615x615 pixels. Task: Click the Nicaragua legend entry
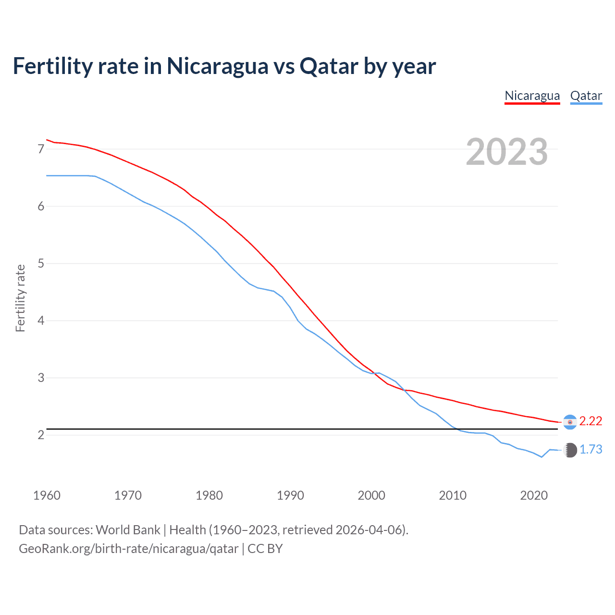click(532, 96)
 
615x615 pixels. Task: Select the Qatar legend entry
click(586, 96)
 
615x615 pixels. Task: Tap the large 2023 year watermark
click(506, 152)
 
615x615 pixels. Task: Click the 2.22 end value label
click(590, 421)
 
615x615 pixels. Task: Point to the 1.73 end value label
click(590, 449)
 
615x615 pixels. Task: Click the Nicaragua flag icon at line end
click(570, 422)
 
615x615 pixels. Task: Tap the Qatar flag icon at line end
click(570, 450)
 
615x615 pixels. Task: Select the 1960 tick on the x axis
click(47, 495)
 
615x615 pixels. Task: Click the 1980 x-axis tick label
click(209, 495)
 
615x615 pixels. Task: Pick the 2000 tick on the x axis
click(371, 495)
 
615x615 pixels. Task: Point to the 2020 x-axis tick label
click(534, 495)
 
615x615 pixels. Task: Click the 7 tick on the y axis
click(41, 149)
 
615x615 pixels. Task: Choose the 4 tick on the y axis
click(41, 320)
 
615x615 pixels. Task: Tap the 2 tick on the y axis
click(41, 435)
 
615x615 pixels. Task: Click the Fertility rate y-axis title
click(20, 298)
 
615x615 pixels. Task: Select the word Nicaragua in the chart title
click(217, 66)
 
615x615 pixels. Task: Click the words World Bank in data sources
click(128, 530)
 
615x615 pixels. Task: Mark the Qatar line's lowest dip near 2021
click(541, 457)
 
